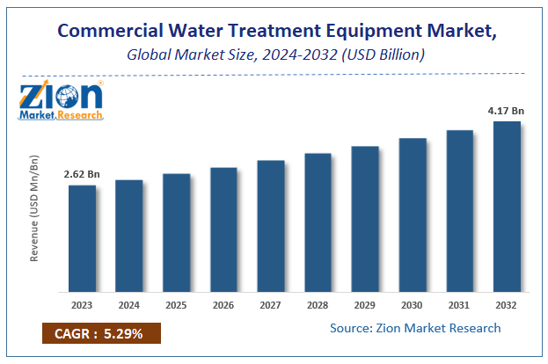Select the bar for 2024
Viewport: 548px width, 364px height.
[129, 235]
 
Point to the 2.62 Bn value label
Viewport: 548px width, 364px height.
[82, 174]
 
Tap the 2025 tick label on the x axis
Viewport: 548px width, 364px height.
[176, 305]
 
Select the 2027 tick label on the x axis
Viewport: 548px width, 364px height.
[270, 305]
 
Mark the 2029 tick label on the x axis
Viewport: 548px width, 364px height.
[365, 305]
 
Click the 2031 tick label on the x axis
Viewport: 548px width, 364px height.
[459, 305]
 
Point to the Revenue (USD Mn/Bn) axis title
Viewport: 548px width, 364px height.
[35, 209]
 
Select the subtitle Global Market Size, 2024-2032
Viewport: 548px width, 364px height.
[274, 55]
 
